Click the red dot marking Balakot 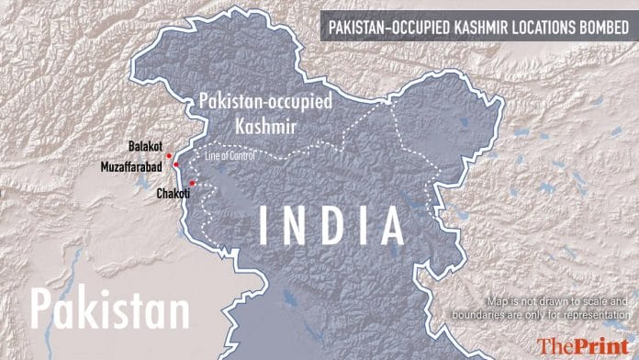(169, 155)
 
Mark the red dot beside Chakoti (191, 183)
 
